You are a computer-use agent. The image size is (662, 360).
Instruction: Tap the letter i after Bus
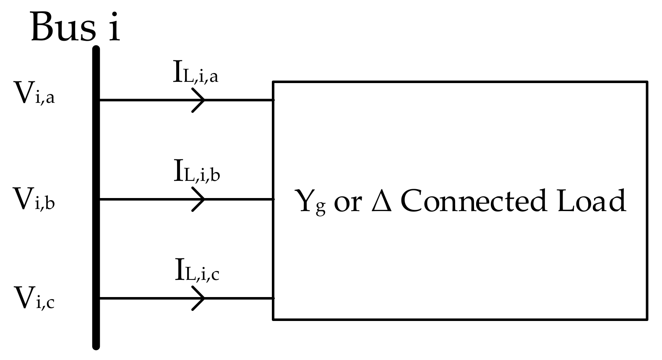(x=114, y=27)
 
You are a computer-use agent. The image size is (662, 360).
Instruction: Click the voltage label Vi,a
(x=34, y=93)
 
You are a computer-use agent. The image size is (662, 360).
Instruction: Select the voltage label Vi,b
(x=34, y=199)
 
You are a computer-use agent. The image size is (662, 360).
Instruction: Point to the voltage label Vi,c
(x=34, y=298)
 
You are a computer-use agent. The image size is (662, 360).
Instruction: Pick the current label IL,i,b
(x=196, y=172)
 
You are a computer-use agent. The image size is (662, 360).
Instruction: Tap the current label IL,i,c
(x=196, y=271)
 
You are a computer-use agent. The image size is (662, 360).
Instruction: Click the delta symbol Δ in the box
(x=382, y=201)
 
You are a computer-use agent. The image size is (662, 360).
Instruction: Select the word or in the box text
(x=347, y=203)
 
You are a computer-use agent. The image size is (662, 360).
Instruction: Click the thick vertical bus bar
(x=96, y=197)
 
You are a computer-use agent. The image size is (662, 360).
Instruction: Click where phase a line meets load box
(x=274, y=100)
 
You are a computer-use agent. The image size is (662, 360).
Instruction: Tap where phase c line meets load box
(x=274, y=298)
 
